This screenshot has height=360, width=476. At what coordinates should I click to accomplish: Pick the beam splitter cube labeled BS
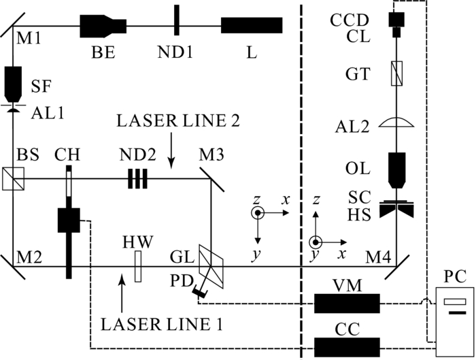pos(14,179)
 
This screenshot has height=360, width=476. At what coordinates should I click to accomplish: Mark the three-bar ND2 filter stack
pos(137,179)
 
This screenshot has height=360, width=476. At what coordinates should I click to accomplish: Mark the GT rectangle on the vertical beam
pos(395,73)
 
